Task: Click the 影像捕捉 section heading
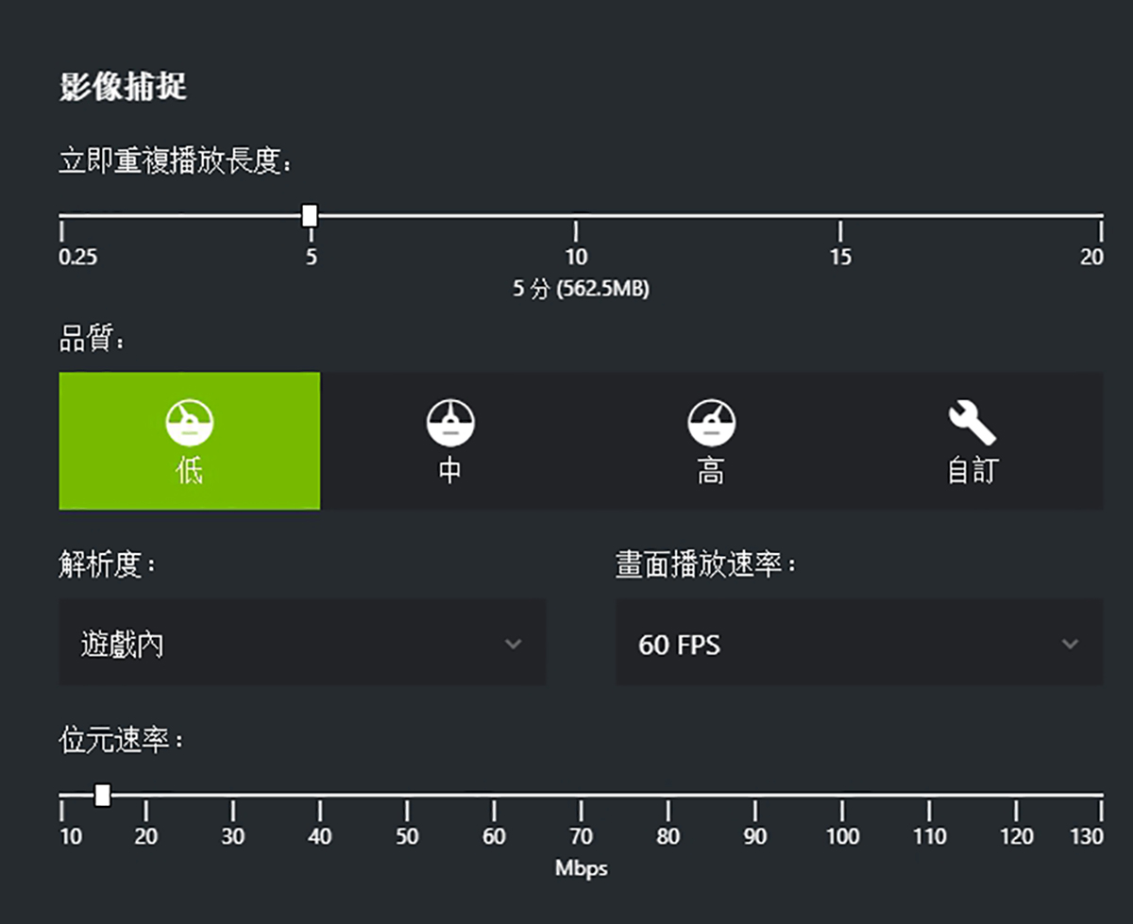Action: [123, 87]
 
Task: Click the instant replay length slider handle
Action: [309, 216]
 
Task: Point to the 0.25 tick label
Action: [77, 258]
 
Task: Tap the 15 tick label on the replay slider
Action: [840, 258]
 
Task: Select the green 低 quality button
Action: [189, 441]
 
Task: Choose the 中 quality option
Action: [450, 441]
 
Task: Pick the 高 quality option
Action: [711, 441]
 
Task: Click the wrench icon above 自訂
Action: [972, 422]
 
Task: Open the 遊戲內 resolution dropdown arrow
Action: [513, 645]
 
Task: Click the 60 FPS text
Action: [679, 646]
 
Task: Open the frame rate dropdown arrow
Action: [1070, 645]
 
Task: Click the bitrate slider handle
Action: [103, 796]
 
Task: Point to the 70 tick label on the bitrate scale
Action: [581, 837]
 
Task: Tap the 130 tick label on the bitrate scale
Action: [1087, 837]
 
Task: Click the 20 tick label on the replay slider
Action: [1091, 258]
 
